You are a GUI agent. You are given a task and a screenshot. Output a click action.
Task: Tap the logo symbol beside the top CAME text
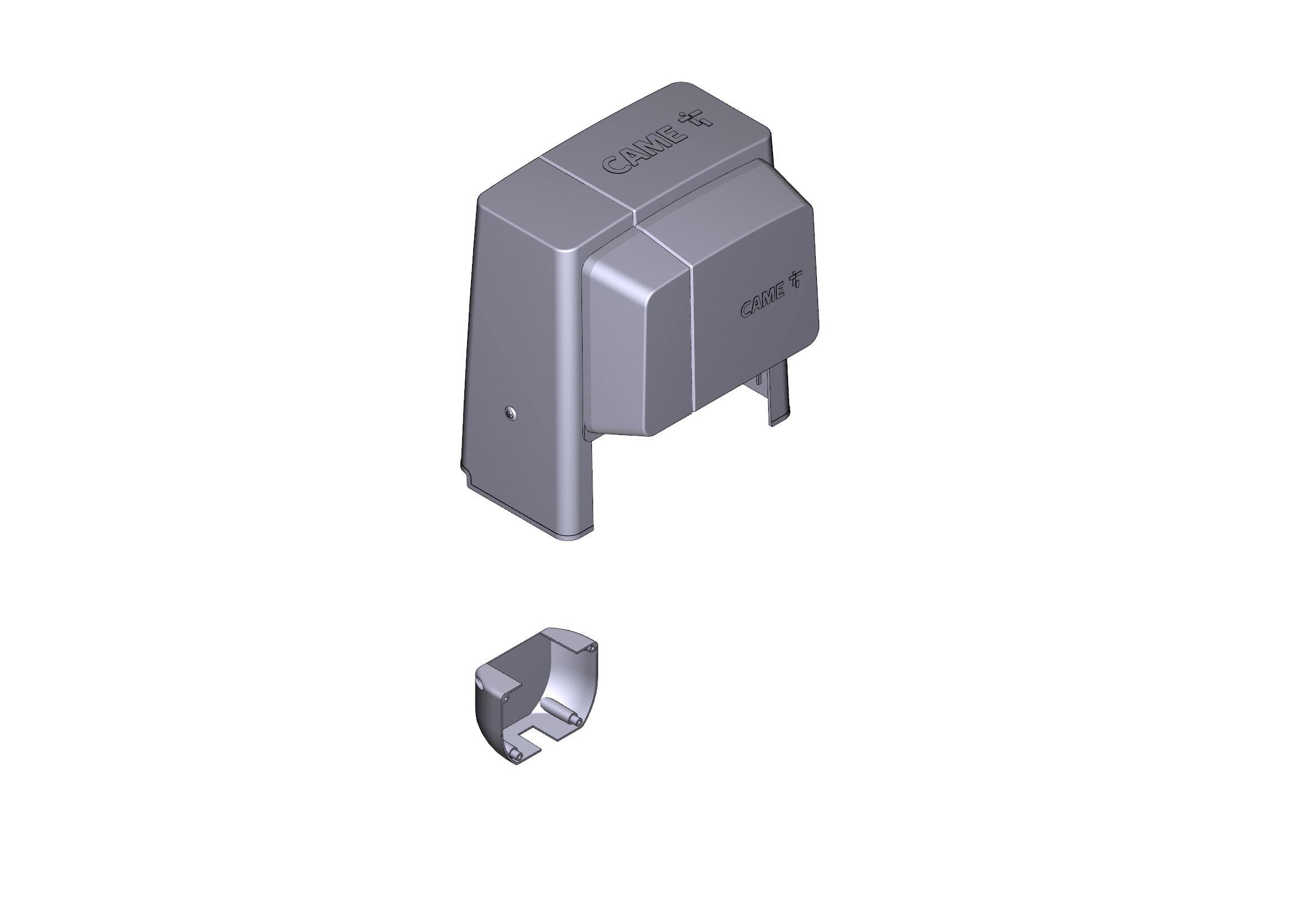[x=696, y=119]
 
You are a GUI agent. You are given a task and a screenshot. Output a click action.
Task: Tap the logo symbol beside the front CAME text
[x=796, y=279]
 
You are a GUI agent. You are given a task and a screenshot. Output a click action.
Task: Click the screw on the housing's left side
[x=511, y=414]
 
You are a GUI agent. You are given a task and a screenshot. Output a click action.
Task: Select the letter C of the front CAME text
[x=747, y=309]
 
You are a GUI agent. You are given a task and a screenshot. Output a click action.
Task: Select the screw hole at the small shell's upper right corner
[x=591, y=648]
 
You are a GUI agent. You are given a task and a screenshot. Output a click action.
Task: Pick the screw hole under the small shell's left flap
[x=506, y=700]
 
